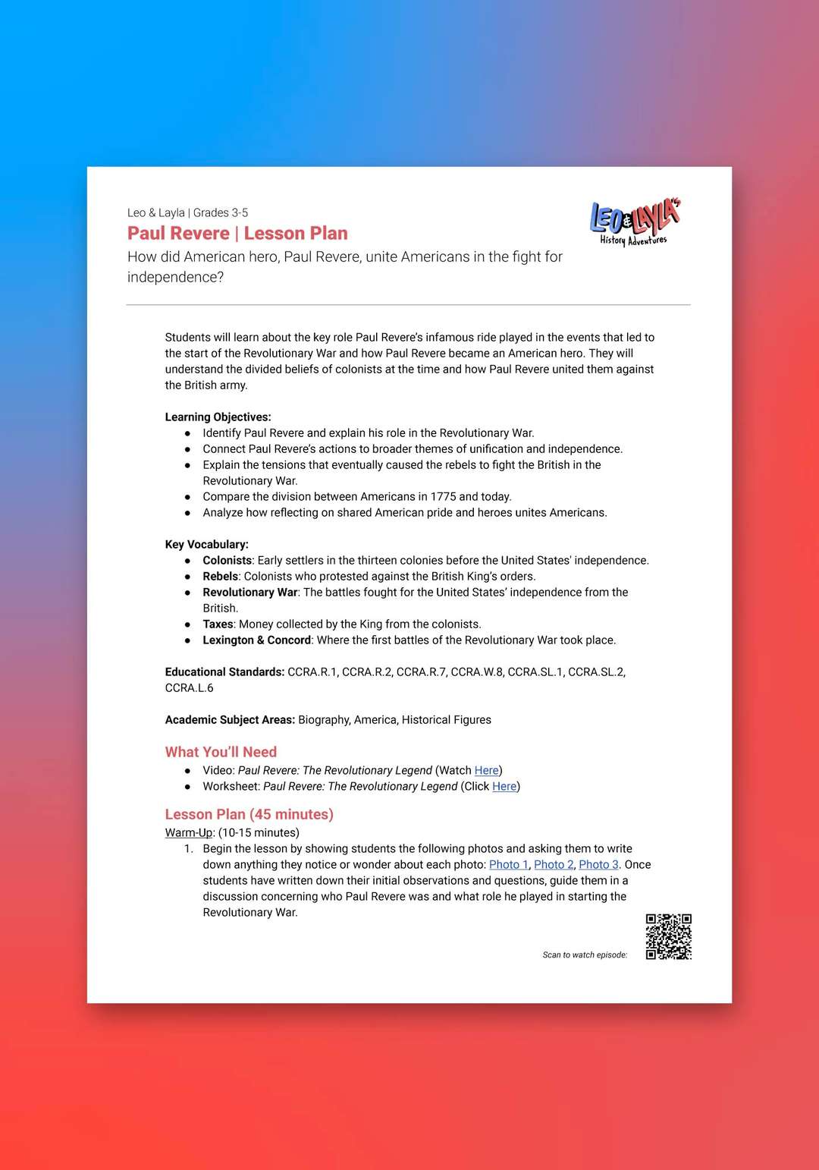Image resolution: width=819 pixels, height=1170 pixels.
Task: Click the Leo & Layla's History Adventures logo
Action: click(635, 222)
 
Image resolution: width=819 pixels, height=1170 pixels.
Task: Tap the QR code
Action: click(668, 936)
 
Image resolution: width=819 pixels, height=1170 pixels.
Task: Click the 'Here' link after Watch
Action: click(486, 770)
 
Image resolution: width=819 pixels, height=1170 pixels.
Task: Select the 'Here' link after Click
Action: click(504, 786)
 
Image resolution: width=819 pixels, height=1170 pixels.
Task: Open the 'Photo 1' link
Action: click(508, 864)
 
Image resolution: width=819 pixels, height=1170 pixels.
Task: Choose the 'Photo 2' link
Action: click(554, 864)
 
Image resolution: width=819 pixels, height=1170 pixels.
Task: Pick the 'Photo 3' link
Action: click(598, 864)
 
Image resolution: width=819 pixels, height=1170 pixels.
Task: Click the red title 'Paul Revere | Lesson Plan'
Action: click(237, 234)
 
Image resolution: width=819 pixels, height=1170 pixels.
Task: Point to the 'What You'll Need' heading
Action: click(221, 752)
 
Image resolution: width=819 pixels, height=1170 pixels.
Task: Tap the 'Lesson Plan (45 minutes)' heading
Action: click(249, 814)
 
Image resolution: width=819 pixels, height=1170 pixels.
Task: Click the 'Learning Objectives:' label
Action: click(218, 417)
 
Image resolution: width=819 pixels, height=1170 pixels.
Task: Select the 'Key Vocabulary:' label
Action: click(206, 544)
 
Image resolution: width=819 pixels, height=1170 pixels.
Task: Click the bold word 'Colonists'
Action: click(227, 560)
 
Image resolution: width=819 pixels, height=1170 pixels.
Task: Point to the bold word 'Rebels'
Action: click(220, 576)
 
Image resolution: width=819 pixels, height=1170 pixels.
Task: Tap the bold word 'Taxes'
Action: click(218, 624)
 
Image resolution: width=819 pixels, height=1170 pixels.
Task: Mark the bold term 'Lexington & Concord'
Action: click(256, 640)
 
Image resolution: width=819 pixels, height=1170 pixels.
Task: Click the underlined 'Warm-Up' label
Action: click(189, 832)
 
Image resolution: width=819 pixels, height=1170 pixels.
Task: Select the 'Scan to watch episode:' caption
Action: click(585, 955)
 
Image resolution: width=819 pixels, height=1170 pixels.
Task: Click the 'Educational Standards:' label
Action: click(224, 671)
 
